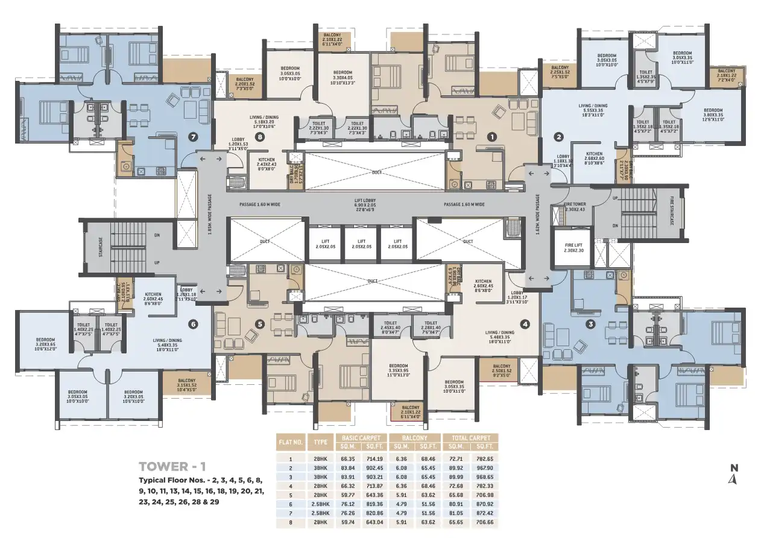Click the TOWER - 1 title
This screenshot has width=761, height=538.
coord(172,466)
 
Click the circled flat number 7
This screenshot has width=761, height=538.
coord(193,136)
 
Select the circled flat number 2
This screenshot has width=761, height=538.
coord(559,137)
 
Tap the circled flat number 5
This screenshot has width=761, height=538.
coord(260,324)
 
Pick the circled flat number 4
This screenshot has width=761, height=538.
coord(525,324)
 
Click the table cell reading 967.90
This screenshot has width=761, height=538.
coord(484,467)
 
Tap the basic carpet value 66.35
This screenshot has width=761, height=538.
coord(348,458)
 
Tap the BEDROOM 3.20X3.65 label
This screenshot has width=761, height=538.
coord(45,343)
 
